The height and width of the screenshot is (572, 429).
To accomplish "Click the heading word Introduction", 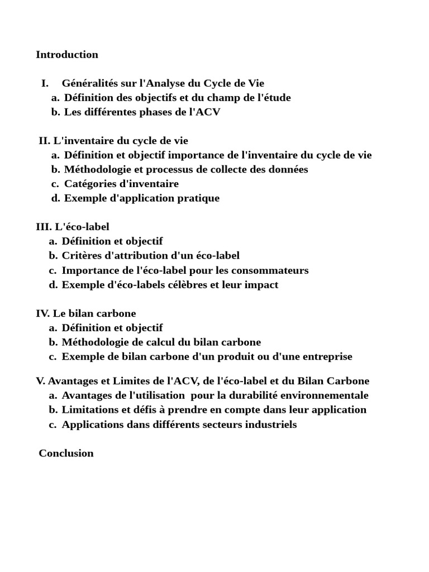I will point(67,55).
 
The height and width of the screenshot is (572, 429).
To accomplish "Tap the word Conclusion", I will point(66,454).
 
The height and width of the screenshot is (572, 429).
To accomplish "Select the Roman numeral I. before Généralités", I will point(45,84).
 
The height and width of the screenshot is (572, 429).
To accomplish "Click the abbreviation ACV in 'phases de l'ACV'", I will point(210,112).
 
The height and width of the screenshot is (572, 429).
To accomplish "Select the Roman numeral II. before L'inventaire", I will point(44,141).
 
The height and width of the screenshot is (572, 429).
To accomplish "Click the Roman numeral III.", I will point(44,227).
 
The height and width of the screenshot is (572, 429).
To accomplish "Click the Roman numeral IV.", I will point(43,314).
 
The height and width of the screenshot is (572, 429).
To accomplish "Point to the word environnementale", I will point(322,395).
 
